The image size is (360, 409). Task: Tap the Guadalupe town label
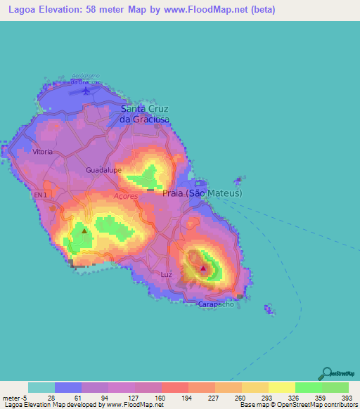[104, 170]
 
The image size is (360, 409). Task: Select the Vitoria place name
[43, 151]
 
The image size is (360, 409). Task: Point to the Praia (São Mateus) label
[202, 193]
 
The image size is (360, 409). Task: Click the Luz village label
[166, 274]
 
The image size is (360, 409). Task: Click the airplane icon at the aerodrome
[86, 90]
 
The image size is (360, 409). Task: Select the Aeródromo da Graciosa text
[86, 78]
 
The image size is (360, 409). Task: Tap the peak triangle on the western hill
[84, 231]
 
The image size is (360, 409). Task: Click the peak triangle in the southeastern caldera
[203, 268]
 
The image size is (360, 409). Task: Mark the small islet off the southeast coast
[269, 309]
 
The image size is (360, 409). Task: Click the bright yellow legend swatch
[281, 387]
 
